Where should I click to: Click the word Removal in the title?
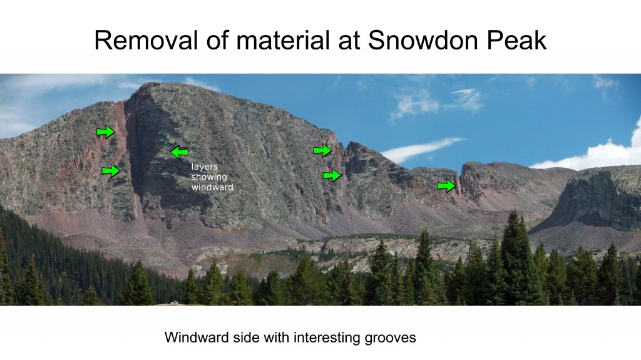146,40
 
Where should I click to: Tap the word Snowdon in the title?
423,40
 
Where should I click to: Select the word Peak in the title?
516,40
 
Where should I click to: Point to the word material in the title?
283,40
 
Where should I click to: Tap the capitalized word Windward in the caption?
197,337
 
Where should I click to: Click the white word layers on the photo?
205,167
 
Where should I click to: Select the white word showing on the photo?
209,178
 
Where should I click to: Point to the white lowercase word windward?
212,187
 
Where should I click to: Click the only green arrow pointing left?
179,152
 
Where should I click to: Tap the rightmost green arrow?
446,186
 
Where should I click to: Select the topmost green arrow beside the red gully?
106,131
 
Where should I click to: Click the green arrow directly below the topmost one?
111,170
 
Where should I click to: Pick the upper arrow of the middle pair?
323,150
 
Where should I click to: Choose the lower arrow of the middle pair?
332,175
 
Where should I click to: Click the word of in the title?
217,40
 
